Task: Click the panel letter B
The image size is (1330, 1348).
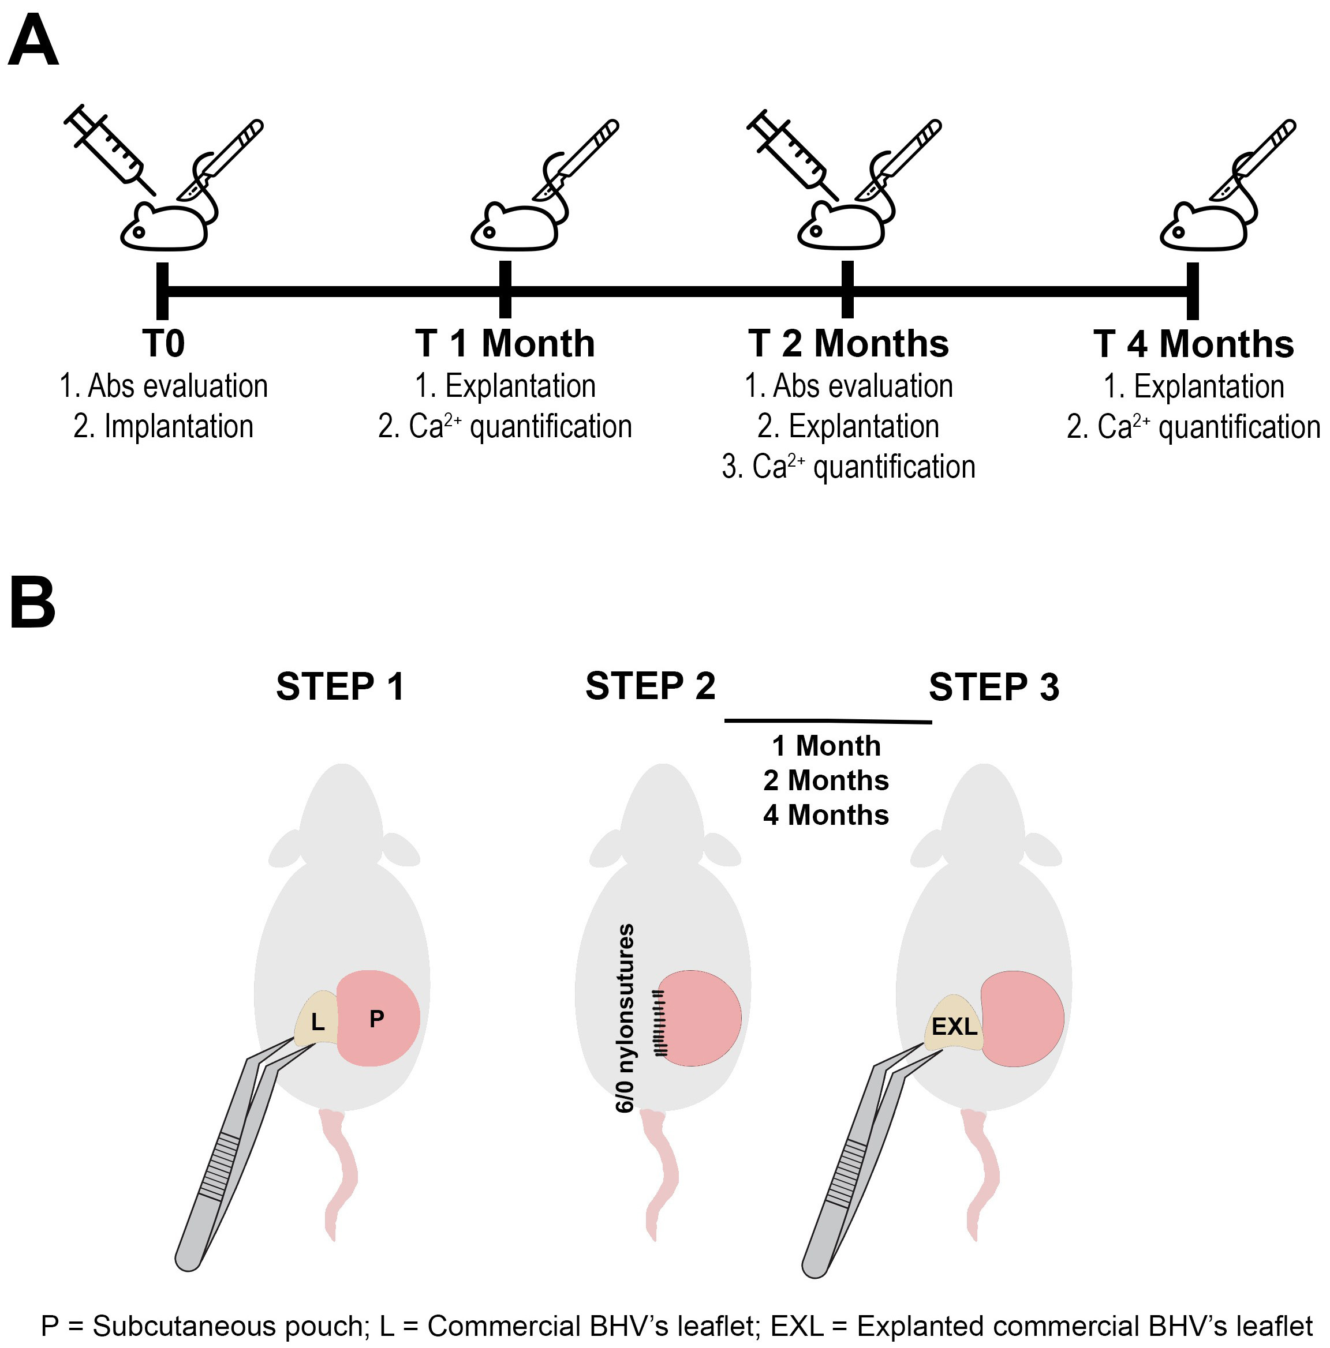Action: click(x=32, y=602)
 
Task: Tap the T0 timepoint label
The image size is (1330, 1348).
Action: click(x=163, y=343)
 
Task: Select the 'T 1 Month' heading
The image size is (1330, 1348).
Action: click(x=505, y=343)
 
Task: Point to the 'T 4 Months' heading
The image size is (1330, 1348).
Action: click(x=1193, y=344)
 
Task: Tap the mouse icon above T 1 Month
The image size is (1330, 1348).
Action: click(x=513, y=227)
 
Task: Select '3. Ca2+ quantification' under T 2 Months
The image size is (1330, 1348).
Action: click(x=848, y=467)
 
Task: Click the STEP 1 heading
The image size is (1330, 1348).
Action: click(x=340, y=686)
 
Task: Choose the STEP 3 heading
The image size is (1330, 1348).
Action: click(x=993, y=686)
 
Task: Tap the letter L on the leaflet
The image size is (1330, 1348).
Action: click(x=317, y=1022)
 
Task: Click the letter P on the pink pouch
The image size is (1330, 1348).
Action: click(x=376, y=1019)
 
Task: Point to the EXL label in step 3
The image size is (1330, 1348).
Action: click(x=954, y=1026)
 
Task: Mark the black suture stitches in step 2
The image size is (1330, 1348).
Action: click(x=659, y=1022)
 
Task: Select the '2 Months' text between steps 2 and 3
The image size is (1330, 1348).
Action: click(x=825, y=780)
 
